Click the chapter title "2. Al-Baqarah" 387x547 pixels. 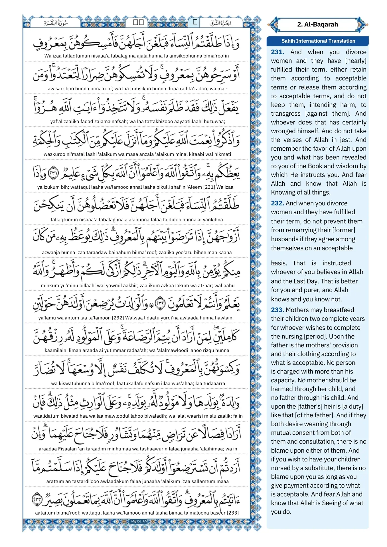[x=317, y=25]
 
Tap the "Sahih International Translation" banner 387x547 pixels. [x=318, y=41]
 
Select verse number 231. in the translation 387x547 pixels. [x=277, y=52]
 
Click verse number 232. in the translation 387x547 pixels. [x=277, y=203]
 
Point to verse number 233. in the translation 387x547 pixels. [x=277, y=310]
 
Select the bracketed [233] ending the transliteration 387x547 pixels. [x=233, y=513]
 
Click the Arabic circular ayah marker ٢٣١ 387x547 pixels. [x=53, y=173]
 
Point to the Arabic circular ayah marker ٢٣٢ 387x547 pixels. [x=160, y=304]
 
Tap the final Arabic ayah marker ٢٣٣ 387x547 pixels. [x=37, y=499]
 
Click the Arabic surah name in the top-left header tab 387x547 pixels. [x=56, y=23]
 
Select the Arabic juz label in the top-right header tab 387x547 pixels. [x=220, y=23]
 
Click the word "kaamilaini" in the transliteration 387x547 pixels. [x=56, y=351]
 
